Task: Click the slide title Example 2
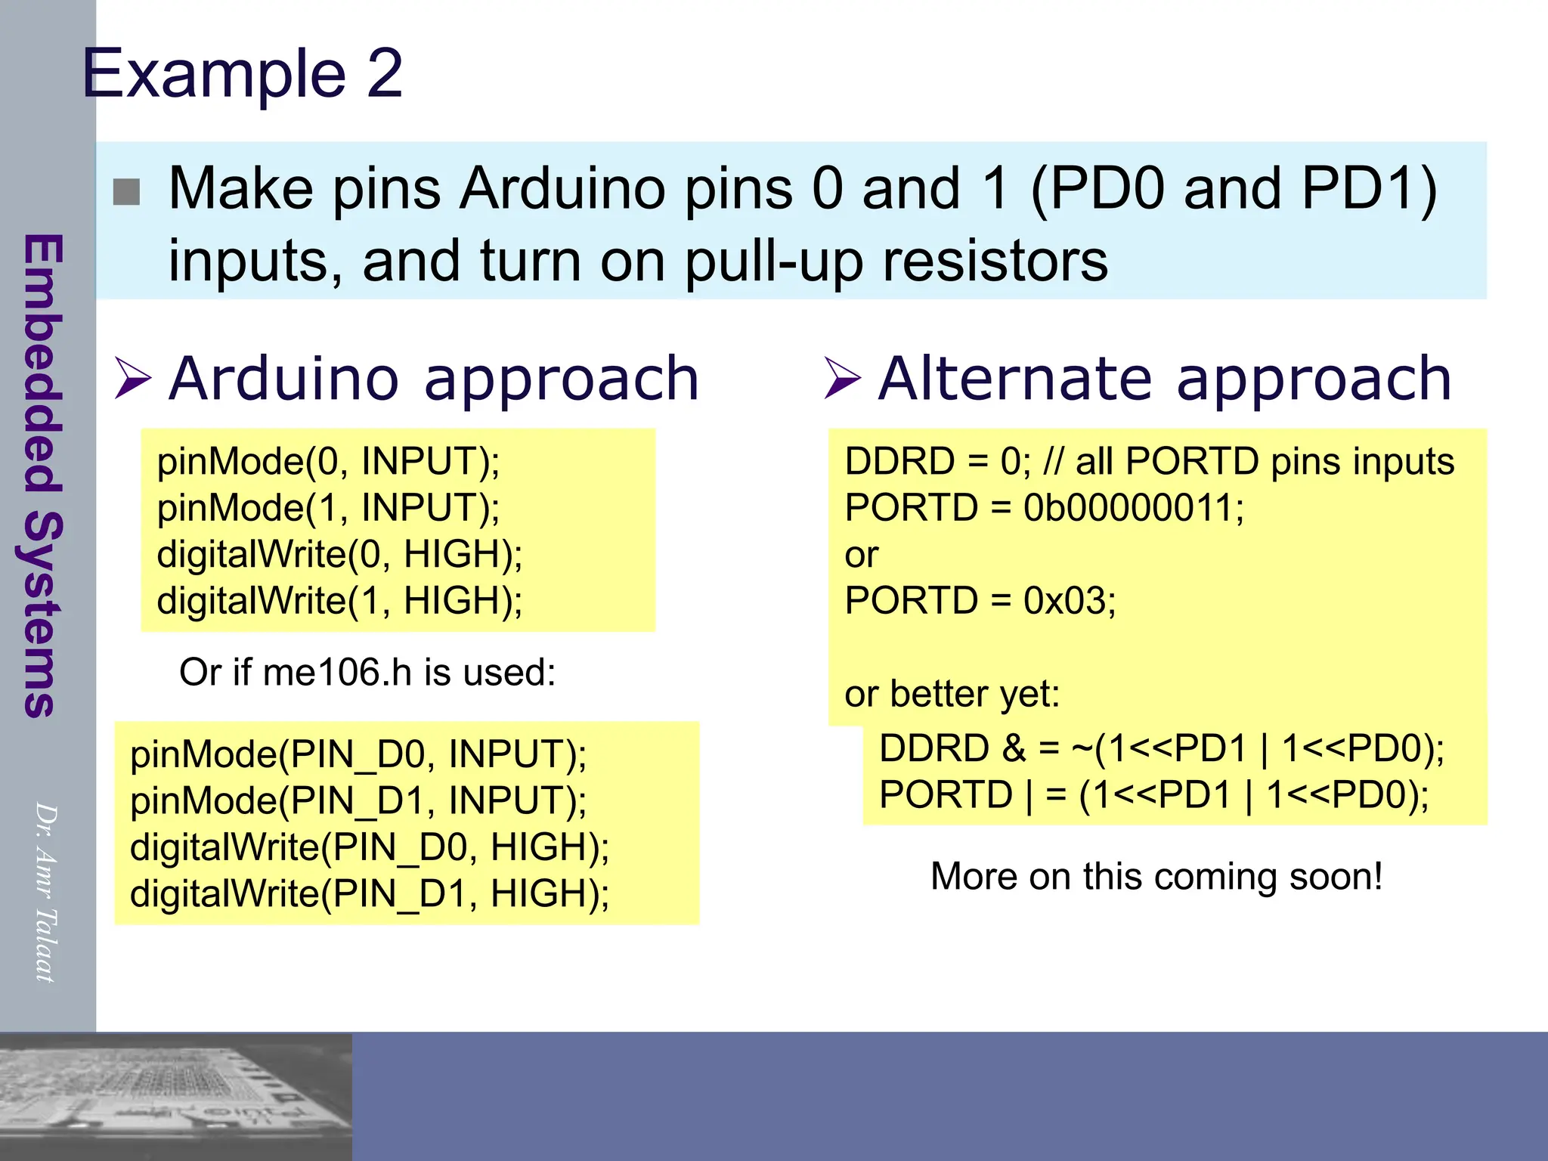tap(242, 73)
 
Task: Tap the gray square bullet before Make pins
tap(126, 192)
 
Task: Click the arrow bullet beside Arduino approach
tap(133, 377)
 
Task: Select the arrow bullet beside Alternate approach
tap(842, 377)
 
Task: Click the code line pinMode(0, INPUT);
tap(328, 461)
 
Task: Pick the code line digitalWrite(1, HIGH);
tap(339, 601)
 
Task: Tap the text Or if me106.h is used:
tap(367, 672)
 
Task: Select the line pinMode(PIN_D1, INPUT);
tap(358, 800)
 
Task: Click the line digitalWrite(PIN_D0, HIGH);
tap(370, 847)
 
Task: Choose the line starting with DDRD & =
tap(1161, 748)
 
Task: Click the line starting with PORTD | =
tap(1153, 795)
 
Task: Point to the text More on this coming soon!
tap(1156, 877)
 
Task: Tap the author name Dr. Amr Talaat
tap(45, 892)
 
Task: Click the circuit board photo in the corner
tap(175, 1096)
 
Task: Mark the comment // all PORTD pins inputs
tap(1248, 461)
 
